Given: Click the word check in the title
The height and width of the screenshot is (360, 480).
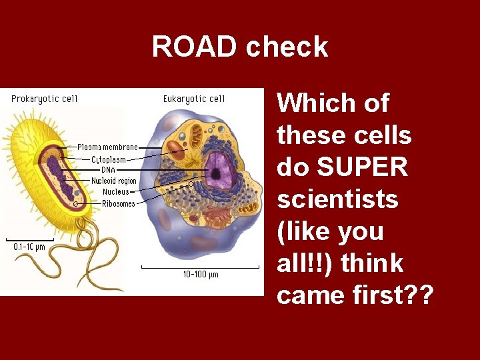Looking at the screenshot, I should [x=287, y=47].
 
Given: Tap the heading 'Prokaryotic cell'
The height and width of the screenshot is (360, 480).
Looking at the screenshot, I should [x=45, y=99].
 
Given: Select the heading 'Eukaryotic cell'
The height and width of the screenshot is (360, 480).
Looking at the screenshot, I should [x=194, y=99].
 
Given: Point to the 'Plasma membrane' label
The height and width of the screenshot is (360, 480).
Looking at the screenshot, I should [x=107, y=147].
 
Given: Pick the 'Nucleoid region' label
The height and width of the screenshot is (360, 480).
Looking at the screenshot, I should [x=113, y=181].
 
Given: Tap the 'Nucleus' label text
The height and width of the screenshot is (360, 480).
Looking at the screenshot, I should [x=116, y=192].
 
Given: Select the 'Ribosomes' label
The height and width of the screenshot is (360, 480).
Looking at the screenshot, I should [x=118, y=203].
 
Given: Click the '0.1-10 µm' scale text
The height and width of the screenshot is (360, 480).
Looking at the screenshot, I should [x=31, y=247].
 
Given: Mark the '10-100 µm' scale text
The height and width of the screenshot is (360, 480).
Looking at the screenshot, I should [x=201, y=274].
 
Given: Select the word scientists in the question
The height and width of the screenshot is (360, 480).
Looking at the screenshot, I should [x=337, y=199].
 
